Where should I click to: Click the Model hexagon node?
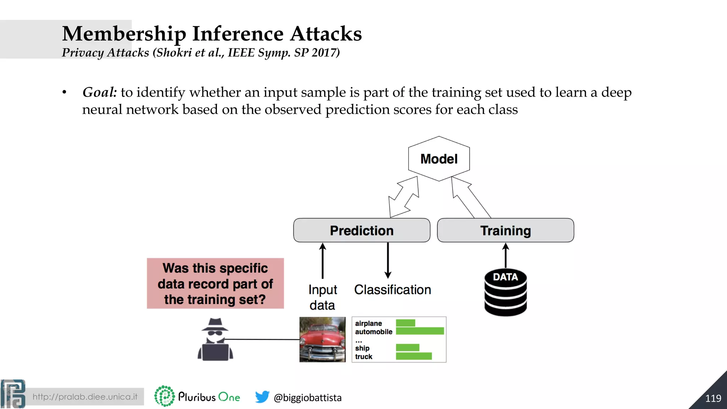click(439, 159)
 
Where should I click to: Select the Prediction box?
click(361, 230)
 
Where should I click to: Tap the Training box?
click(505, 230)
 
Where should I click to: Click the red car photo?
click(322, 339)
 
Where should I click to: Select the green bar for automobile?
click(420, 331)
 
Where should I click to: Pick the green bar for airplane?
click(405, 323)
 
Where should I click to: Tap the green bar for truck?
click(414, 356)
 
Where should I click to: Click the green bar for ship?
click(408, 348)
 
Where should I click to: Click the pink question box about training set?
click(215, 283)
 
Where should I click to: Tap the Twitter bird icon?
click(262, 397)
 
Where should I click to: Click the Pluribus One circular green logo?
click(164, 396)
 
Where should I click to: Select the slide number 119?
click(713, 398)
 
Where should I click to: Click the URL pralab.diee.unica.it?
click(85, 397)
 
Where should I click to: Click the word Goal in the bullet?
click(99, 92)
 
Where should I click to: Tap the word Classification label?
click(392, 290)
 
